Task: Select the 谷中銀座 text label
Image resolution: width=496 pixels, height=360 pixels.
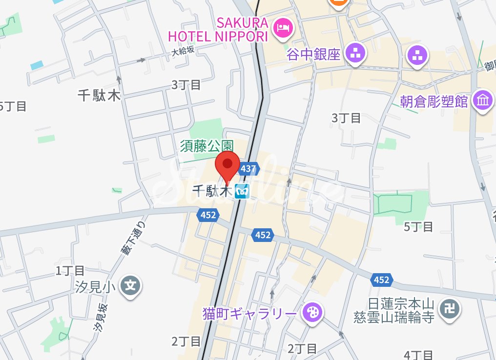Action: (313, 54)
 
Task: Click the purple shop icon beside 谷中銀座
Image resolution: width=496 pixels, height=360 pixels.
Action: (355, 54)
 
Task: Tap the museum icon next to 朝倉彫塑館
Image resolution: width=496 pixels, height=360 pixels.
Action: (484, 100)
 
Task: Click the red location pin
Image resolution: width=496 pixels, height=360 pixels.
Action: (227, 167)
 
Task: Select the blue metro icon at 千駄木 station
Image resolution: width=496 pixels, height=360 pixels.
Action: (242, 192)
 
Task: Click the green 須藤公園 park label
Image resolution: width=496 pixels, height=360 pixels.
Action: (207, 145)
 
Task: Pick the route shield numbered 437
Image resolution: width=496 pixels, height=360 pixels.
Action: (248, 169)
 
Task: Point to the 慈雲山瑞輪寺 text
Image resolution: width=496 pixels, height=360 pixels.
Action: (394, 318)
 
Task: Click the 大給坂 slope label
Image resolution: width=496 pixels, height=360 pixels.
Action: (183, 51)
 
